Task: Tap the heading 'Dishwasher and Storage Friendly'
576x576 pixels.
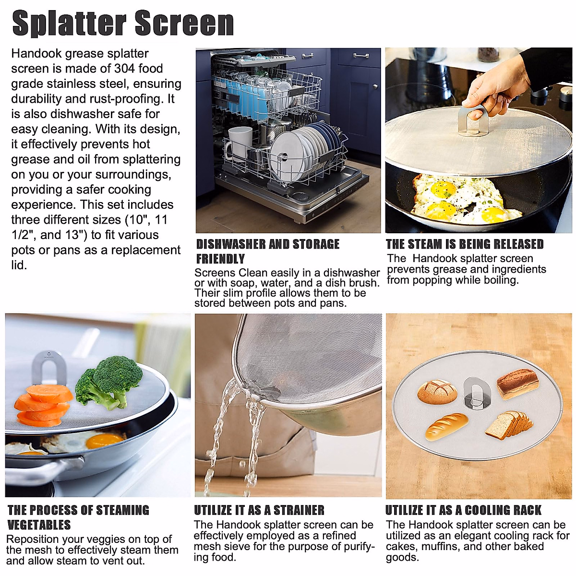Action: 267,251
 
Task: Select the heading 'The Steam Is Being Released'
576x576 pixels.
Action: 465,244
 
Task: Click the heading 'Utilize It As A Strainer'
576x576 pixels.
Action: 259,510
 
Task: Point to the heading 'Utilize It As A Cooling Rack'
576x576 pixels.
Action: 463,510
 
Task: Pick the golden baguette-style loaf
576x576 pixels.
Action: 446,426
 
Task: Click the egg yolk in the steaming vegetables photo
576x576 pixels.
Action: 106,440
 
